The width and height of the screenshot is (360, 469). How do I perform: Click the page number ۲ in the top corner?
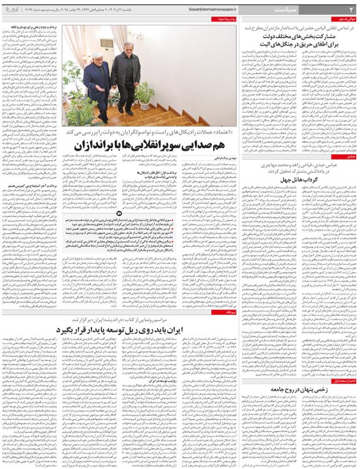(351, 9)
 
